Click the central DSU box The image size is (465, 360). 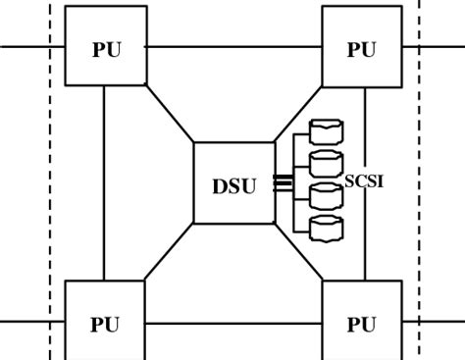point(232,183)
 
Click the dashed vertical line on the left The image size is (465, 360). point(50,196)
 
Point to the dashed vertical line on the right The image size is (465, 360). point(419,196)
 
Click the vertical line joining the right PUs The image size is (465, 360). point(365,245)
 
